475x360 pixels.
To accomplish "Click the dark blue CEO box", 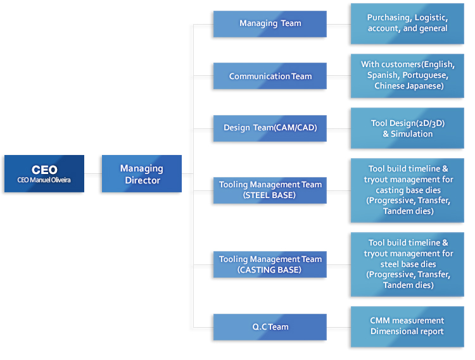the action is click(x=44, y=173).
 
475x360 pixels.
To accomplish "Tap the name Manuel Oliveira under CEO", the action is click(x=50, y=180).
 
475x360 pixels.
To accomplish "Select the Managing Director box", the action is click(x=142, y=173).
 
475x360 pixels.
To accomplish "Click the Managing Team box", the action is click(x=270, y=24).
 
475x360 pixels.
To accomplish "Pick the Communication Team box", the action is click(x=270, y=76).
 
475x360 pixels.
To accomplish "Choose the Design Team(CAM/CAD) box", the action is click(x=270, y=128).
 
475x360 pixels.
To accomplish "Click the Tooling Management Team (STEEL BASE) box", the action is click(x=270, y=190).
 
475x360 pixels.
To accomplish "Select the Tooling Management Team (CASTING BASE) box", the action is click(x=270, y=264).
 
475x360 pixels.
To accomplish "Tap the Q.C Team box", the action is click(x=270, y=327).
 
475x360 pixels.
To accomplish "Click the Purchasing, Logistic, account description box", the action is click(x=407, y=24).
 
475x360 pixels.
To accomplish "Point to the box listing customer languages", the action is click(x=407, y=76).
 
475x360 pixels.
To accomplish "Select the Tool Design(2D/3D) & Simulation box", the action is click(x=407, y=128).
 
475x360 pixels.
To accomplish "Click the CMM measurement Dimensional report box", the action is click(x=407, y=326).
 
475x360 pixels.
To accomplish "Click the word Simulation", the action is click(x=412, y=133).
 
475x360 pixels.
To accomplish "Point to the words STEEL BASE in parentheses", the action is click(x=269, y=195).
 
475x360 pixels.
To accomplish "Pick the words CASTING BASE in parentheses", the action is click(x=269, y=270).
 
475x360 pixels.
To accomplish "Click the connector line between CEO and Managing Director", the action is click(x=93, y=173).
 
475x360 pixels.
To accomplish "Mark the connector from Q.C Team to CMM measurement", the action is click(x=339, y=327).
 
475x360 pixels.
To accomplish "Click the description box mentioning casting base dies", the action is click(x=407, y=190).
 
